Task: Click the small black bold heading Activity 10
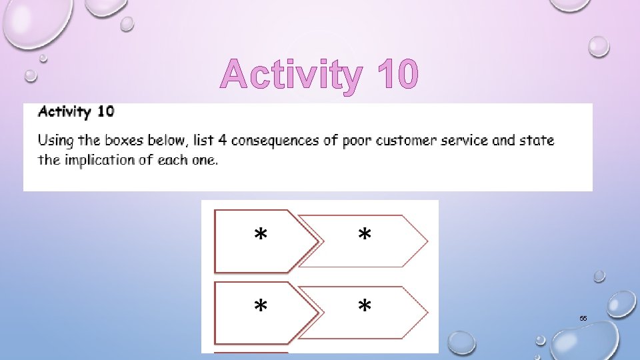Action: tap(76, 111)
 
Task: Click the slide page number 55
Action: tap(583, 319)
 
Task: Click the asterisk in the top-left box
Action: tap(261, 235)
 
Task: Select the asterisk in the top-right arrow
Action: tap(365, 235)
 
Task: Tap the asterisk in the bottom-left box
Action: tap(261, 307)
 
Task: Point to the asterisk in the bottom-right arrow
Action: tap(365, 307)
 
